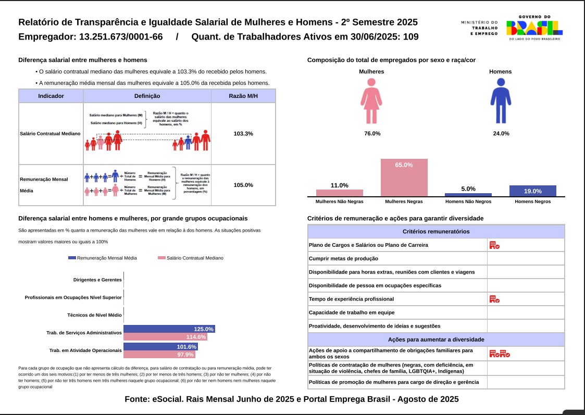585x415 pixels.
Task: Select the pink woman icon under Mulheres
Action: pyautogui.click(x=371, y=100)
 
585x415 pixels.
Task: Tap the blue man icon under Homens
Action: pyautogui.click(x=501, y=100)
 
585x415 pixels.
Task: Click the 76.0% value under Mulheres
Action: pyautogui.click(x=372, y=134)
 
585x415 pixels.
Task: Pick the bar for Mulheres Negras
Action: pyautogui.click(x=404, y=178)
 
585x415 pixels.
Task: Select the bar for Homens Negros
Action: pyautogui.click(x=532, y=191)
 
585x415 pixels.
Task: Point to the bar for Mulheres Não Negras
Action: pyautogui.click(x=339, y=193)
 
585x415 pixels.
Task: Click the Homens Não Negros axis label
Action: pyautogui.click(x=468, y=202)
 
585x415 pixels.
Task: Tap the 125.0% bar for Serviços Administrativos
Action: pyautogui.click(x=169, y=329)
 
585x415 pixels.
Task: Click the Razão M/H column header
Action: pyautogui.click(x=243, y=96)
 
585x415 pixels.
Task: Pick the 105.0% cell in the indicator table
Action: pyautogui.click(x=243, y=185)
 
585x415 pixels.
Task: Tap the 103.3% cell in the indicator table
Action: pyautogui.click(x=243, y=134)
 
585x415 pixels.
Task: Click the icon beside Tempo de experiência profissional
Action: pyautogui.click(x=494, y=299)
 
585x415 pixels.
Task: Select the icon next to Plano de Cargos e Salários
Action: pyautogui.click(x=494, y=245)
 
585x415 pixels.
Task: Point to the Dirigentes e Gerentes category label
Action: pyautogui.click(x=97, y=280)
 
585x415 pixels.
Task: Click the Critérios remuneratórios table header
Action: pyautogui.click(x=436, y=232)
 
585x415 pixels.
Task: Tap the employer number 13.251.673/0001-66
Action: pyautogui.click(x=121, y=37)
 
